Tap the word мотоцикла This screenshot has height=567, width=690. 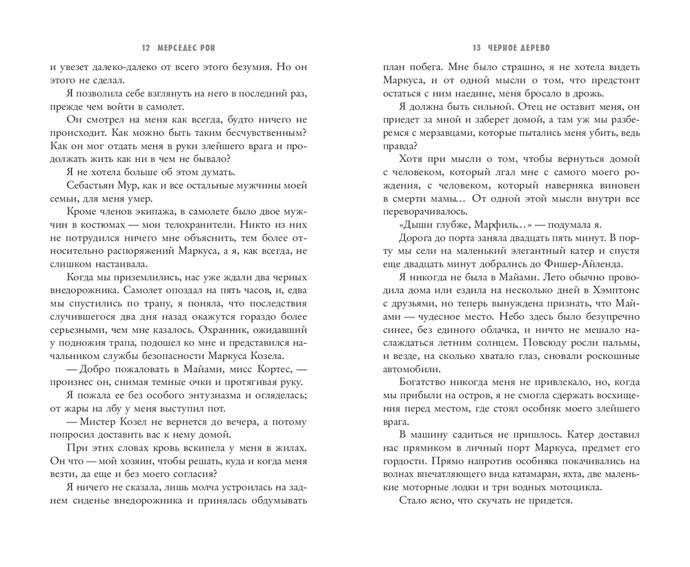tap(554, 488)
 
